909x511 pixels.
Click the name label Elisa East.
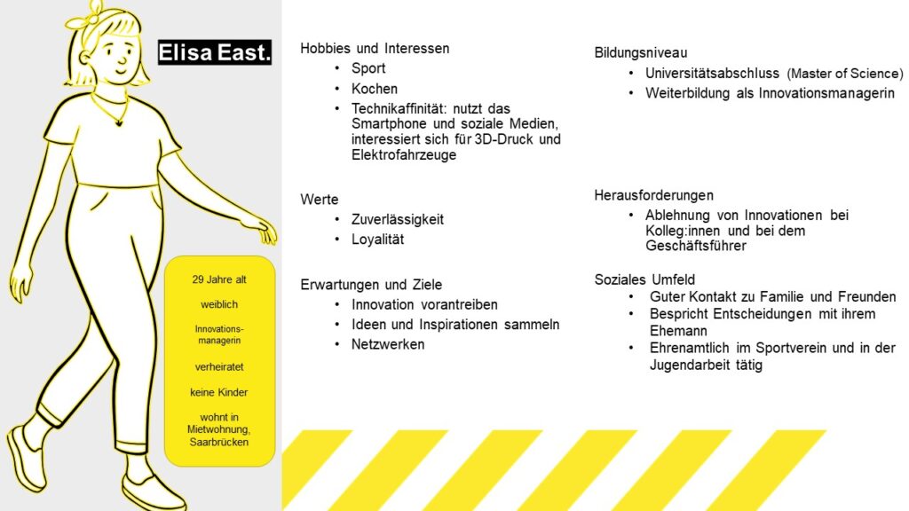tap(215, 52)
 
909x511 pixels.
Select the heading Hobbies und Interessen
tap(375, 48)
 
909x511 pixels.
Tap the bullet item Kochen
tap(375, 89)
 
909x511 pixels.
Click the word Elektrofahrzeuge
tap(404, 154)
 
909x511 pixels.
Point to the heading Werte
tap(320, 200)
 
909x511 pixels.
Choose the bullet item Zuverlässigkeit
tap(398, 220)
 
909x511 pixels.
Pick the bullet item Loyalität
tap(377, 240)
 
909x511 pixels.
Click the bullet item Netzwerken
tap(388, 344)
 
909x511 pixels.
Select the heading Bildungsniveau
tap(641, 52)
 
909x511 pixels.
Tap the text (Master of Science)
tap(845, 74)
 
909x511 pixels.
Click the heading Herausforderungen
tap(653, 195)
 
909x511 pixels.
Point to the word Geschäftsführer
tap(696, 246)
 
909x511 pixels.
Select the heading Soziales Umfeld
tap(644, 279)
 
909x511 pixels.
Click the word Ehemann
tap(678, 331)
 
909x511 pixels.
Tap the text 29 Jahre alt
tap(219, 279)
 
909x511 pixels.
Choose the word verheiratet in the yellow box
tap(219, 366)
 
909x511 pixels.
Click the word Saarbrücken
tap(219, 442)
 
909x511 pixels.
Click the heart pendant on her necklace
tap(120, 122)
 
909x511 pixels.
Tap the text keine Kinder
tap(219, 392)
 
